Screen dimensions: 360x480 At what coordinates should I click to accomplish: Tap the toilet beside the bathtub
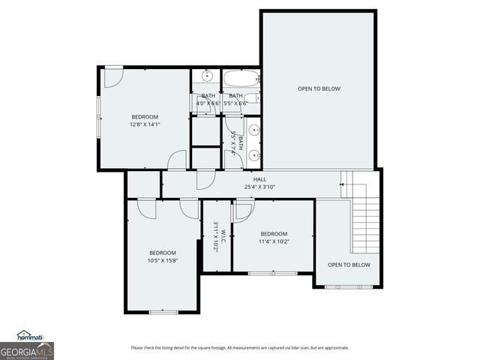[253, 97]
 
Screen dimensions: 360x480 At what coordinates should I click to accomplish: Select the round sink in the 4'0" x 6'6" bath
[207, 76]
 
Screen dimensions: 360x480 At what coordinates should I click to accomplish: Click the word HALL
[259, 179]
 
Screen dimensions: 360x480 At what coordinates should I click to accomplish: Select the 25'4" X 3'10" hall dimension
[259, 187]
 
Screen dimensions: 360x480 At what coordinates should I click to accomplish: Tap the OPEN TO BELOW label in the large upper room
[319, 88]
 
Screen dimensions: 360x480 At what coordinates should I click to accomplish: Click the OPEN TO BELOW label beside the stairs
[349, 265]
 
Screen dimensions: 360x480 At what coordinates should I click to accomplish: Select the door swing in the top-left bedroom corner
[112, 76]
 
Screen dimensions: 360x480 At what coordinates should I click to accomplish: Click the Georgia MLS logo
[26, 350]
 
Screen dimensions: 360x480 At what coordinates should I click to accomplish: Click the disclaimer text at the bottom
[239, 347]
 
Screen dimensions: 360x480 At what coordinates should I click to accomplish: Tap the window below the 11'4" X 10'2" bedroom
[273, 273]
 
